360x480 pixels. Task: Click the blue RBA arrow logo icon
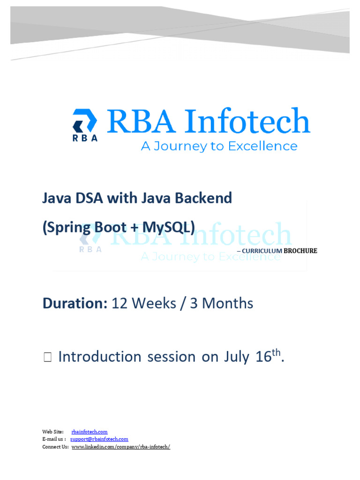pos(85,120)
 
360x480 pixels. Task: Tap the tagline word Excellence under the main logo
pos(262,146)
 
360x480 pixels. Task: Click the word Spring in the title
pos(68,227)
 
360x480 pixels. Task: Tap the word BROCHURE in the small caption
pos(300,251)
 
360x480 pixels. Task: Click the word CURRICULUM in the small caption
pos(262,251)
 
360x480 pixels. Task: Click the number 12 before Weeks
pos(120,303)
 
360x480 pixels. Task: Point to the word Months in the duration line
pos(228,303)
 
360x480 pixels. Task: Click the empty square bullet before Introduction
pos(47,358)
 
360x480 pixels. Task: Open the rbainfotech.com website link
pos(90,432)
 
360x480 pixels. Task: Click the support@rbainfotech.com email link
pos(99,439)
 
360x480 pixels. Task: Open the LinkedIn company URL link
pos(120,447)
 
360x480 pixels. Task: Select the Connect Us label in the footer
pos(55,447)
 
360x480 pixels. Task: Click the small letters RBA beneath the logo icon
pos(85,138)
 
